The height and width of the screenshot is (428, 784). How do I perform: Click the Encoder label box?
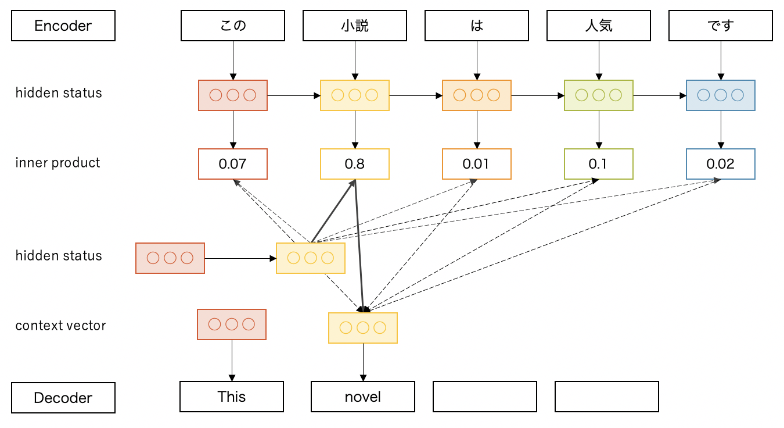coord(63,26)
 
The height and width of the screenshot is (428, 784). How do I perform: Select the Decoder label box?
coord(63,398)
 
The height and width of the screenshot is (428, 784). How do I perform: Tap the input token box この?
coord(233,26)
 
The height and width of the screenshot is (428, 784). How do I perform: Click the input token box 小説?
coord(354,26)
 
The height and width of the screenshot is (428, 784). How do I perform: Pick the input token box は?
coord(477,26)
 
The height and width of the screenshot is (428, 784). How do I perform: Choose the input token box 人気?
coord(599,26)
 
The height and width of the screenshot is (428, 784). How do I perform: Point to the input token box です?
coord(721,26)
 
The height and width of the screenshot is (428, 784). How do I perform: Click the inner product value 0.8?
coord(354,164)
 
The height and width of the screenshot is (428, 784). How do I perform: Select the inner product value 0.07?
coord(233,164)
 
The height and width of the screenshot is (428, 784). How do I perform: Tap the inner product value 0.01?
coord(477,164)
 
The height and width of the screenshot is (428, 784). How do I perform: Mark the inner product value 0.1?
coord(599,164)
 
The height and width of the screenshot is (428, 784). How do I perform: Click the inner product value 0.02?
coord(721,164)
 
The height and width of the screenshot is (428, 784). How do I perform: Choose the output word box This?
coord(232,397)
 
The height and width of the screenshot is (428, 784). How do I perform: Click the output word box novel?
coord(363,397)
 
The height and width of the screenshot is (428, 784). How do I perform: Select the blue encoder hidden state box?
coord(721,95)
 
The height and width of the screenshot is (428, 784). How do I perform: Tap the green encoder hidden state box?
coord(599,95)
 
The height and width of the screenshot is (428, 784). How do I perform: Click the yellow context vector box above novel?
coord(363,328)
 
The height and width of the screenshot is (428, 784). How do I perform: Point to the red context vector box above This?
coord(232,324)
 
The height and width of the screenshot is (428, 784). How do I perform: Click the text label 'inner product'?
coord(58,163)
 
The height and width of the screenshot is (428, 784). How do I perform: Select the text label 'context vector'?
coord(60,326)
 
